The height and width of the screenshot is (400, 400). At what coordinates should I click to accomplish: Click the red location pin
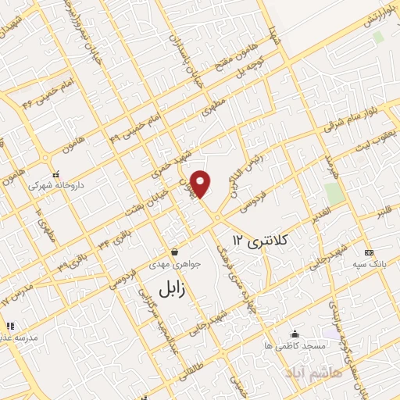[x=202, y=184]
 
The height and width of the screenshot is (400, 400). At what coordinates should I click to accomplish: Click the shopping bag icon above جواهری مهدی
[x=173, y=252]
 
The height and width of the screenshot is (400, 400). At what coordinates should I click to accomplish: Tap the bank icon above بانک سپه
[x=369, y=252]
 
